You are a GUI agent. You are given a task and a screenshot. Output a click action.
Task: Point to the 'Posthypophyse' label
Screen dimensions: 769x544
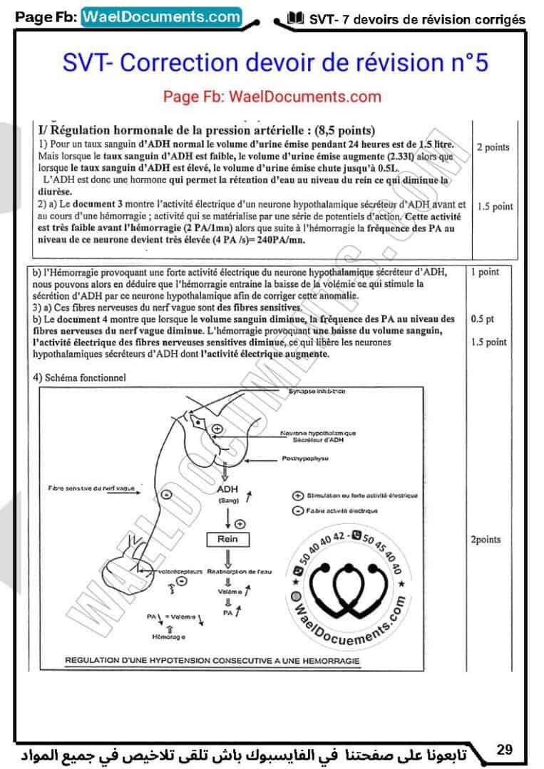pyautogui.click(x=304, y=459)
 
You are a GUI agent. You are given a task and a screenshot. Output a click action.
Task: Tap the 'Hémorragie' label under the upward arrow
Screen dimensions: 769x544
pyautogui.click(x=168, y=635)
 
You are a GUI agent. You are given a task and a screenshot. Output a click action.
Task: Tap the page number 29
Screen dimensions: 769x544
pyautogui.click(x=505, y=749)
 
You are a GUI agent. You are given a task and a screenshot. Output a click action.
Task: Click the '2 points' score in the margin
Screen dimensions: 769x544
pyautogui.click(x=493, y=147)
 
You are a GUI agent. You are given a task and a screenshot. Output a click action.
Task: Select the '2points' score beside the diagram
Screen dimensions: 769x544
pyautogui.click(x=486, y=540)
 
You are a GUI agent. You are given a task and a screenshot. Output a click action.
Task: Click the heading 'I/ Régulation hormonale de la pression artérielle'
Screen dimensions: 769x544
pyautogui.click(x=207, y=130)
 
